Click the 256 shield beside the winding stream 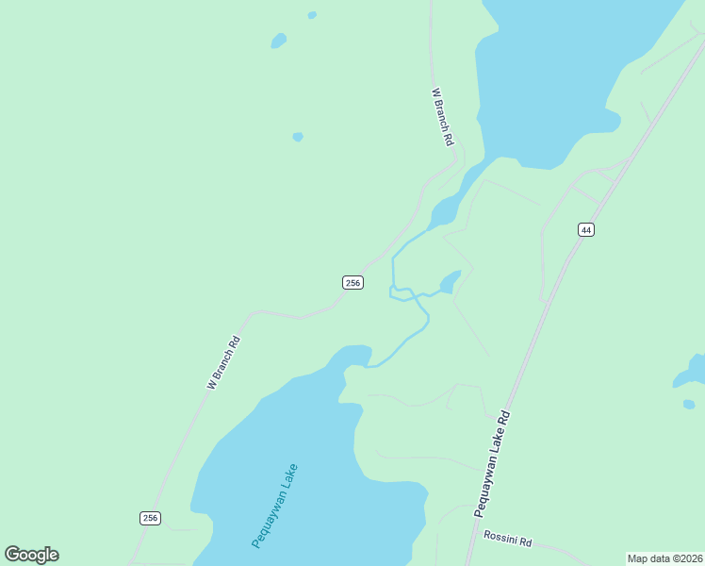352,282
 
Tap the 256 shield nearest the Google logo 150,518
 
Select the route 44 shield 586,229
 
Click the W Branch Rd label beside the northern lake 443,116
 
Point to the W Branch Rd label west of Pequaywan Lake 224,363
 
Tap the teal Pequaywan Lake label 275,506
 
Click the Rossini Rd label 508,541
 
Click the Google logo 31,555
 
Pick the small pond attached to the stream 451,282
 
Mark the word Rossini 501,539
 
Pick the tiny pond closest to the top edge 312,15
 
